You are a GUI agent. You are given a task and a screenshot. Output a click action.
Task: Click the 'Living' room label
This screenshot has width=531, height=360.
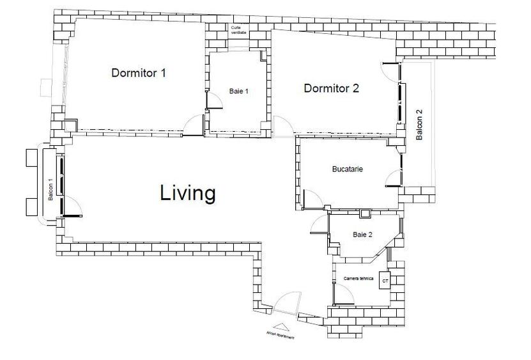coord(187,192)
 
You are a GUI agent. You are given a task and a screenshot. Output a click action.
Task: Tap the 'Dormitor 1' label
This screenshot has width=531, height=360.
coord(139,72)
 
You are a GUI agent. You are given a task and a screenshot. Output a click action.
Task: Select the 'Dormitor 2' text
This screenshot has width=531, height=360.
coord(331,88)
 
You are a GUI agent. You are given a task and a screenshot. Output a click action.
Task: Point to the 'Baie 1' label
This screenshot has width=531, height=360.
coord(238,91)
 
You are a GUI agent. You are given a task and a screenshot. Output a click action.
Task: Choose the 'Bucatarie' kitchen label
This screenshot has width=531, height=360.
coord(348,169)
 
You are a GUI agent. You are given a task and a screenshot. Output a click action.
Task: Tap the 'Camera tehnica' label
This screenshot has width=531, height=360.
coord(358,278)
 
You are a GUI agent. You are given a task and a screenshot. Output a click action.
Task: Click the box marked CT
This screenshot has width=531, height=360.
coord(385,281)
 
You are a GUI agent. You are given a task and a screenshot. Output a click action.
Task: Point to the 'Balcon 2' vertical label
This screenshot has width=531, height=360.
coord(420,125)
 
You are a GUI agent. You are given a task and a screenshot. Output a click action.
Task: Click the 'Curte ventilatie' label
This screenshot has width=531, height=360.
coord(239,30)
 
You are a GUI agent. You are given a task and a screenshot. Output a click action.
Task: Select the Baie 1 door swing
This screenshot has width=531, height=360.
coord(213,102)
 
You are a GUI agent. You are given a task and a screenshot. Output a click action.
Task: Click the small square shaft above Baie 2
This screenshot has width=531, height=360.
coord(365,215)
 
